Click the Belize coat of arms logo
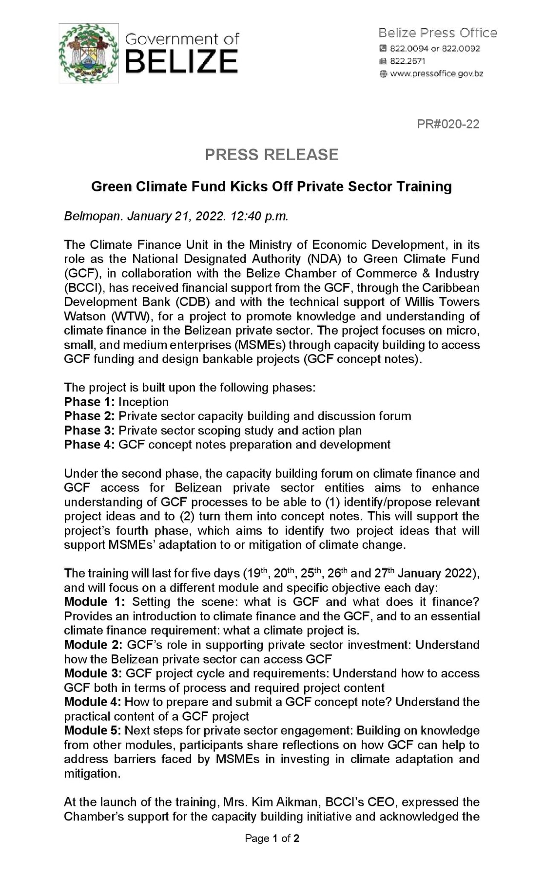coord(88,53)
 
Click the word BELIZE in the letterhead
coord(181,62)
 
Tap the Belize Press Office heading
coord(437,33)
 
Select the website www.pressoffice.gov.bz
coord(436,74)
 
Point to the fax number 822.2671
coord(408,61)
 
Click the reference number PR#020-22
coord(448,124)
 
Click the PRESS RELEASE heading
coord(272,155)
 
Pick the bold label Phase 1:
coord(89,402)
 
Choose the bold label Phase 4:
coord(89,445)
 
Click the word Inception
coord(143,402)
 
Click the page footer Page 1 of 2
coord(272,838)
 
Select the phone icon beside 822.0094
coord(383,49)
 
